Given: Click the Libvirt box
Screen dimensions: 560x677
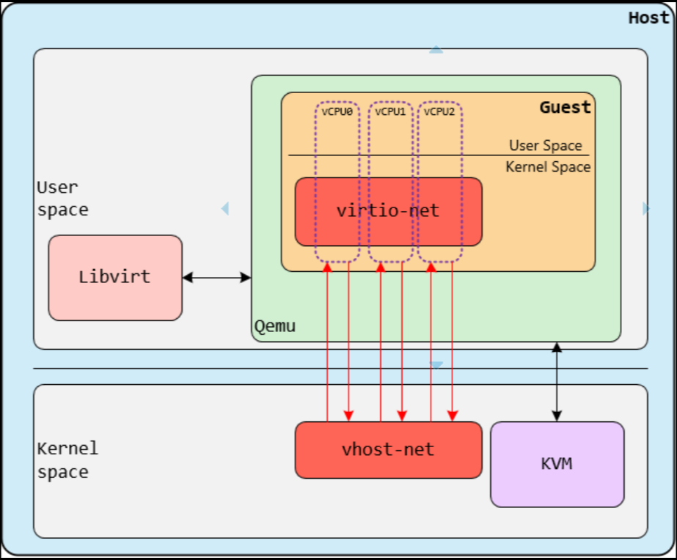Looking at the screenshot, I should [x=115, y=277].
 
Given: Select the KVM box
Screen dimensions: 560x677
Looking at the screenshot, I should [x=557, y=464].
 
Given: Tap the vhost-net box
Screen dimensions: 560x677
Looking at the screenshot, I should [x=388, y=449].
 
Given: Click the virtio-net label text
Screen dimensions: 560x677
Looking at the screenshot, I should [x=388, y=210].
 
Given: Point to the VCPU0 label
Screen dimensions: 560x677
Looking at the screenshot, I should [x=337, y=112].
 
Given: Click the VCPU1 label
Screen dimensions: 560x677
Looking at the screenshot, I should [x=390, y=112].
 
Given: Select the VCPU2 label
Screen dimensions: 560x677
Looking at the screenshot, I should [x=440, y=112].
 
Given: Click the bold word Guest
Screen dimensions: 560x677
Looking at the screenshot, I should [x=565, y=108].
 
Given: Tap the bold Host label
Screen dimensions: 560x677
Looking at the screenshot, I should [x=648, y=18].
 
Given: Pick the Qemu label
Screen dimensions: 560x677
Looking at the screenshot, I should [x=275, y=325].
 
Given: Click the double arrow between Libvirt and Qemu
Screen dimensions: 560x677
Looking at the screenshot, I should [x=216, y=277].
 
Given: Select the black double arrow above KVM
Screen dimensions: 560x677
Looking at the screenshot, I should [x=557, y=381].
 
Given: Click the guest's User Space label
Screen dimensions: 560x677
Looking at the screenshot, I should [x=546, y=146].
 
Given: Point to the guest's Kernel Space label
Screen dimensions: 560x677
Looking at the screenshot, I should [x=548, y=167].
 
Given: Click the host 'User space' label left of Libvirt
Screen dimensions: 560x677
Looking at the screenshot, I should [x=62, y=199].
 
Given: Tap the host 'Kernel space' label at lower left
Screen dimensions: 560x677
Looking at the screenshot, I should [x=67, y=460].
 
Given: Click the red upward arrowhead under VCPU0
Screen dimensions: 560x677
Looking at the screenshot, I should [x=327, y=269].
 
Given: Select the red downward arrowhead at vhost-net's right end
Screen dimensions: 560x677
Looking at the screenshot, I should [x=453, y=416].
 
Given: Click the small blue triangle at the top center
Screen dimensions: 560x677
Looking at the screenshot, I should [x=436, y=50].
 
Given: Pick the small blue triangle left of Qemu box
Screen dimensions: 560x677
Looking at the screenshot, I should [x=225, y=209].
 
